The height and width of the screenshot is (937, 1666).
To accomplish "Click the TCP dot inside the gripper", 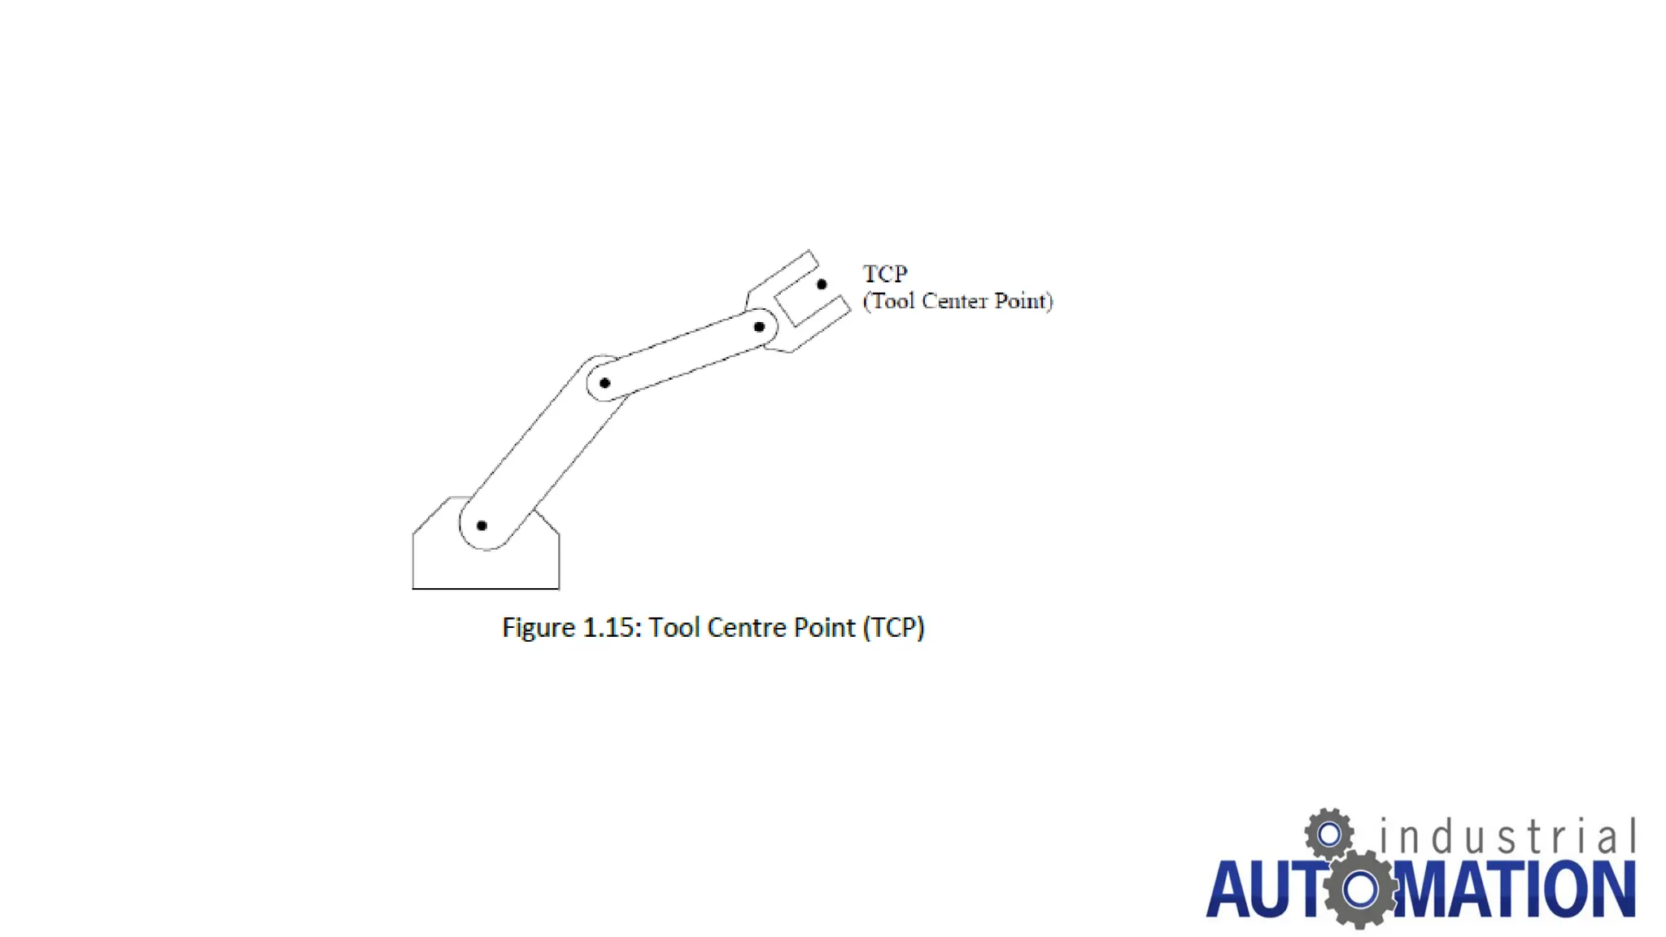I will tap(822, 285).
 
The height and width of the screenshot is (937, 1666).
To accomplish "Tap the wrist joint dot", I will tap(759, 327).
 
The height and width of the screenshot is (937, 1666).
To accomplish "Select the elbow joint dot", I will tap(604, 383).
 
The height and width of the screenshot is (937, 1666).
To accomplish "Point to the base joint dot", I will tap(482, 525).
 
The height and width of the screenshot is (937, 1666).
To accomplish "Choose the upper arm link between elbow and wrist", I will tap(683, 355).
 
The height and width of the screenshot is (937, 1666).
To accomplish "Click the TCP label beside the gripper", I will tap(885, 273).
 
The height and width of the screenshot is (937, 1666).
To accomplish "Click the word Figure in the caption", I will tap(539, 628).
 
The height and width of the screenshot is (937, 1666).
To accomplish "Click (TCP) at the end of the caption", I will tap(893, 628).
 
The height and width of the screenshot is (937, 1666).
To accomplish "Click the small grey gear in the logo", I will tap(1329, 834).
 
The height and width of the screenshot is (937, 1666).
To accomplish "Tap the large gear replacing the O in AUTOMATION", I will tap(1360, 889).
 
